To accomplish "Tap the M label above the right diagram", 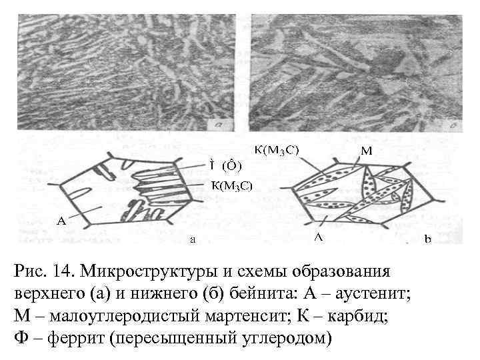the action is tap(367, 151).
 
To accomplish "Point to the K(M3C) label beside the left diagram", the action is tap(231, 185).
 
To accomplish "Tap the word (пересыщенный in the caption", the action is tap(174, 338).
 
